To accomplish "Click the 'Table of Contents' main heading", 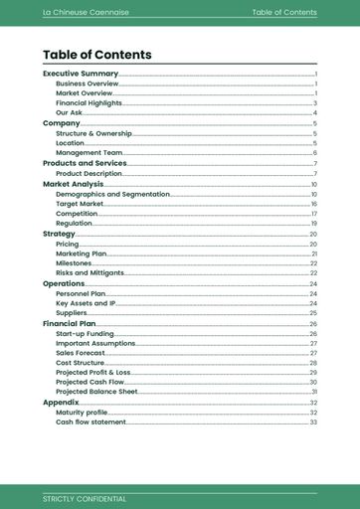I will click(97, 55).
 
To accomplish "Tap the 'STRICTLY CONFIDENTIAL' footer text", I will click(85, 498).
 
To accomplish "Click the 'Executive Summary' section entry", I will click(81, 74).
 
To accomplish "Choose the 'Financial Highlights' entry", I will click(89, 103).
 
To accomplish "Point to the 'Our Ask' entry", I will click(70, 113).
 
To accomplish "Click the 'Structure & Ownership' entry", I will click(93, 133).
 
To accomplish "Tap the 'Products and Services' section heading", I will click(85, 163).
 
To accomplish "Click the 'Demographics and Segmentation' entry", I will click(112, 194).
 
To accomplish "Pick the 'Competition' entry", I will click(77, 214).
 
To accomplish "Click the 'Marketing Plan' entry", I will click(82, 254).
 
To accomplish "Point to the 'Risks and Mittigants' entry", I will click(90, 272).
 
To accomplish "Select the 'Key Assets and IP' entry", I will click(86, 303).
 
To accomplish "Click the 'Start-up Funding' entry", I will click(85, 334).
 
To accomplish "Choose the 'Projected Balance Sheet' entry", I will click(96, 392).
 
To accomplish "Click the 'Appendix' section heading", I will click(61, 402).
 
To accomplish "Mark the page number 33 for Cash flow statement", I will click(313, 423).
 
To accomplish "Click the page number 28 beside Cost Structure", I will click(313, 363).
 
